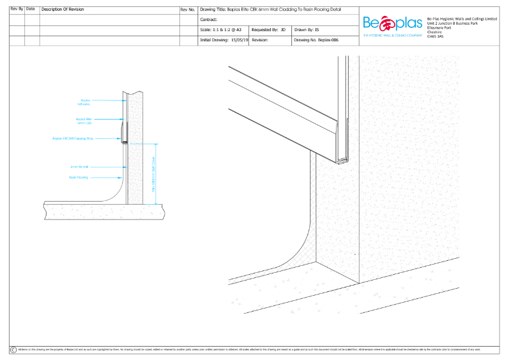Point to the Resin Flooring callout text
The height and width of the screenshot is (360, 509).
(78, 177)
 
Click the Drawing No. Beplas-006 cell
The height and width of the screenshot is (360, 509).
(316, 39)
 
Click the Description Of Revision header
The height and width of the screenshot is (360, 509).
(64, 10)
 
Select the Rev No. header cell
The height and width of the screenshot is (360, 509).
(188, 10)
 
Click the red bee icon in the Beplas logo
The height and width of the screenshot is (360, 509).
(387, 24)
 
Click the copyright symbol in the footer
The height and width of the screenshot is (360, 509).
(13, 350)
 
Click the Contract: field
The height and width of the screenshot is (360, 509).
(210, 20)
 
